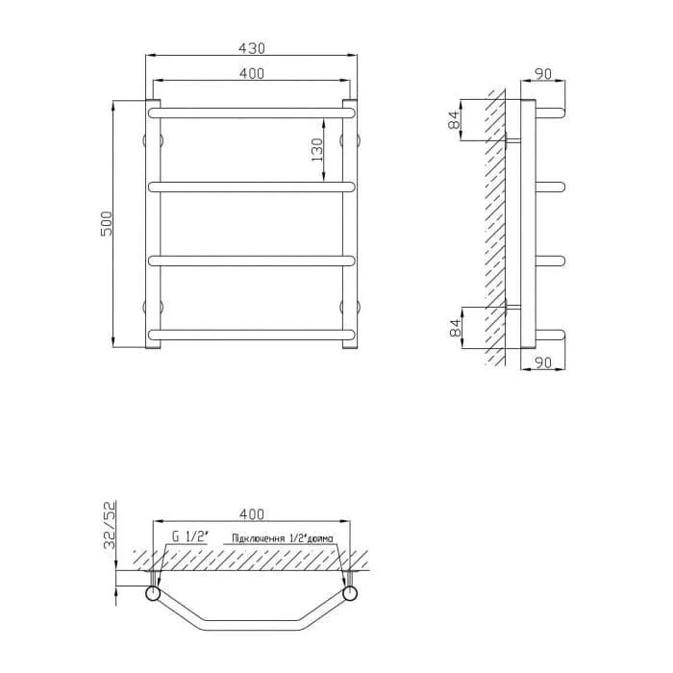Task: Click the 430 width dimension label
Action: pos(252,48)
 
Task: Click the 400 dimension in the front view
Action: pos(252,73)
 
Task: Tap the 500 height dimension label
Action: pos(106,224)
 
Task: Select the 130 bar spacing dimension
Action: pos(317,150)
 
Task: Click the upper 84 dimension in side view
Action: pos(454,119)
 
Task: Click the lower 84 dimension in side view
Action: pos(455,328)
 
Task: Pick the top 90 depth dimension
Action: pos(543,74)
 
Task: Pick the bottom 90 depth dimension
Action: pos(543,362)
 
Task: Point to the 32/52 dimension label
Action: pos(110,525)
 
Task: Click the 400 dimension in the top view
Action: pos(252,513)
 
